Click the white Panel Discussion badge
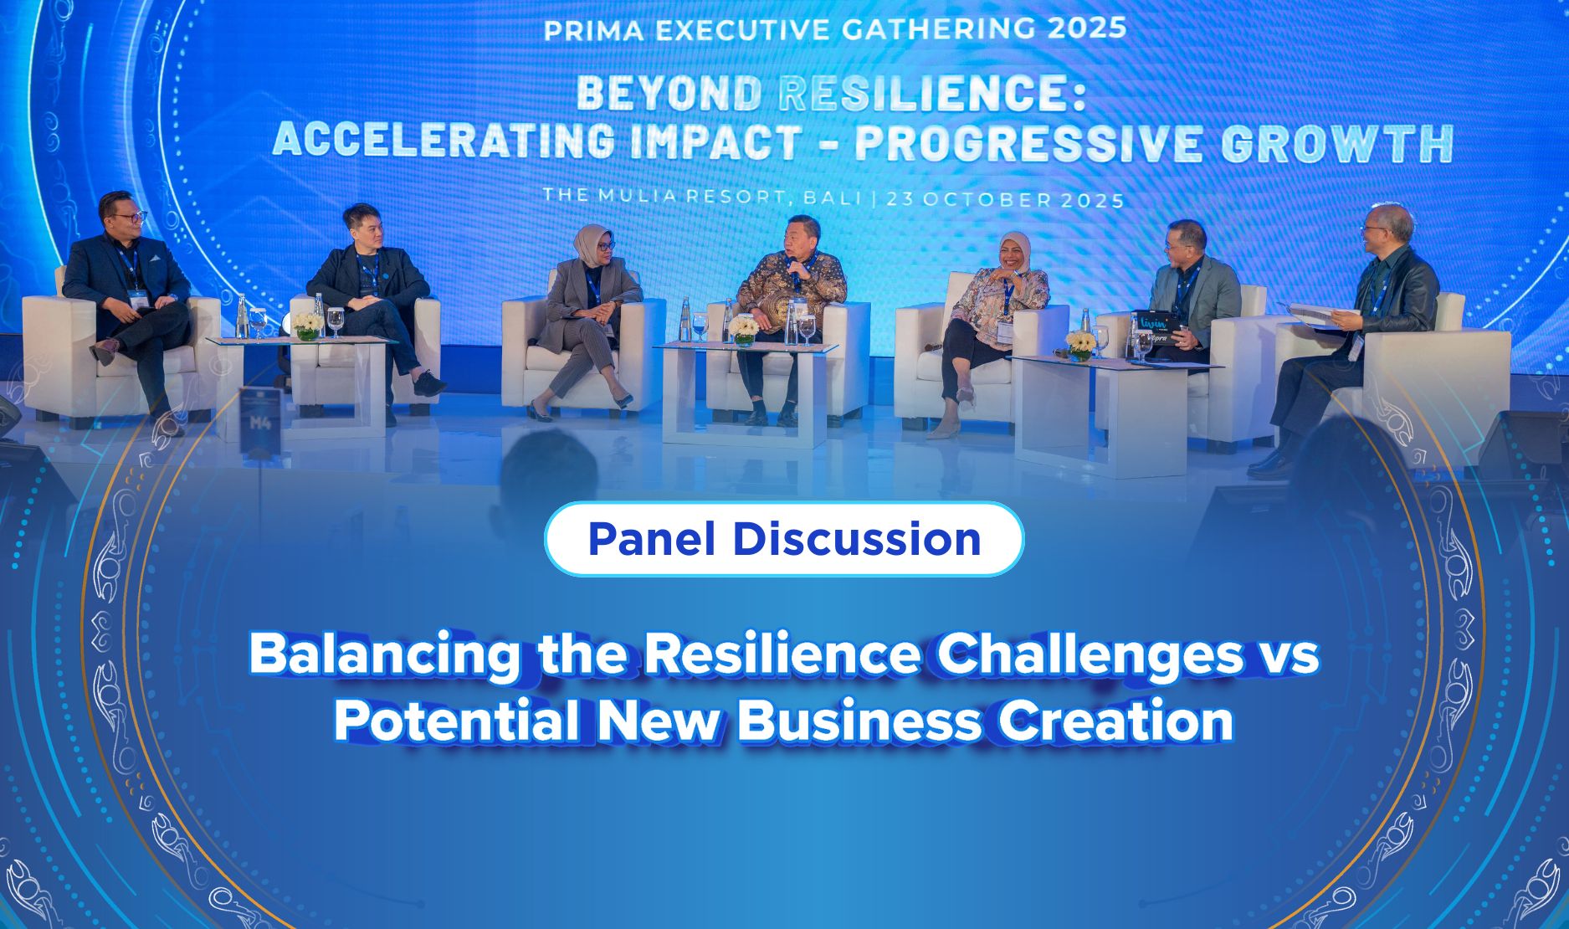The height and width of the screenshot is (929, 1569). (x=784, y=539)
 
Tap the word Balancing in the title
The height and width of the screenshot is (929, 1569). (x=384, y=655)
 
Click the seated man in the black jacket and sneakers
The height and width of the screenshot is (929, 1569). (x=374, y=301)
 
